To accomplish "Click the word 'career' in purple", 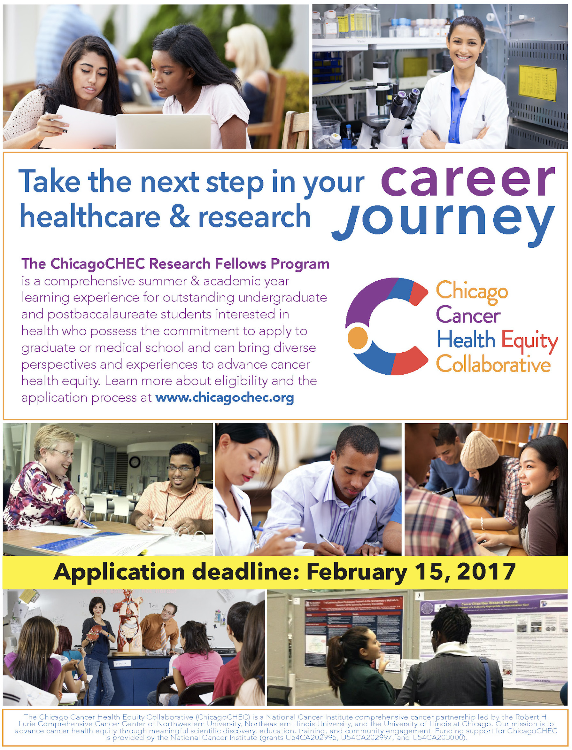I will (x=468, y=181).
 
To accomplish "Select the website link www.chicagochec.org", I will (x=225, y=397).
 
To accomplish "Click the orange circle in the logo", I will (x=358, y=338).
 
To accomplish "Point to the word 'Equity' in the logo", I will (x=529, y=341).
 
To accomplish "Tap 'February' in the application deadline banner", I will (x=357, y=572).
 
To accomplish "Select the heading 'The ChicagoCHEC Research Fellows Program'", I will (x=175, y=264).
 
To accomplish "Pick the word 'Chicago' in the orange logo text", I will (x=472, y=292).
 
